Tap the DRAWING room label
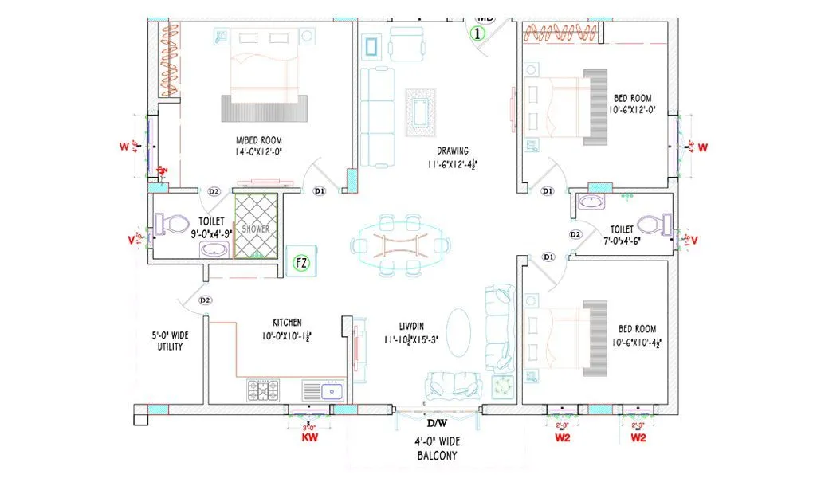point(452,151)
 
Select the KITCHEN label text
point(287,323)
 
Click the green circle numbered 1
point(477,33)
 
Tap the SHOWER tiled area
point(256,226)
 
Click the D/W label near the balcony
point(437,423)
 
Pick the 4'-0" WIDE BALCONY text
point(437,448)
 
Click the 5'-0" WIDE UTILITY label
point(169,341)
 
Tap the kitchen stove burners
point(263,390)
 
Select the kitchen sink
point(322,390)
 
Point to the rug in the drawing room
point(422,110)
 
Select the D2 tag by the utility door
point(205,300)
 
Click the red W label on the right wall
point(703,147)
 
